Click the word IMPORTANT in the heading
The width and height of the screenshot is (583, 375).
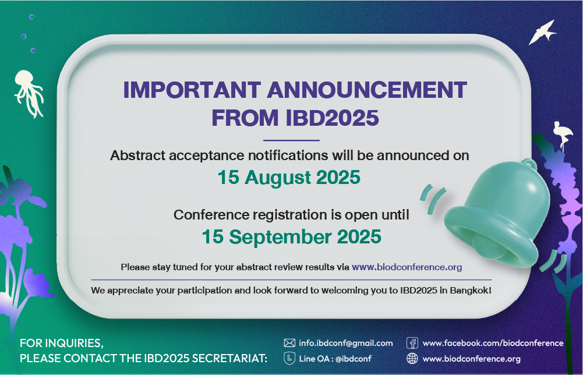[x=192, y=90]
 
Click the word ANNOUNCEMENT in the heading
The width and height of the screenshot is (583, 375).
[x=367, y=90]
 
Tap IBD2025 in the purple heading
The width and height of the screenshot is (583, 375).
[x=333, y=118]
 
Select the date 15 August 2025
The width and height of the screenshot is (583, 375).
[x=289, y=177]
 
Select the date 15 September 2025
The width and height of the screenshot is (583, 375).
[x=291, y=237]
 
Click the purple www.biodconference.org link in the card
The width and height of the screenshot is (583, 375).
[x=407, y=267]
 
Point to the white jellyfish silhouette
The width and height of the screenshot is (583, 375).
[x=29, y=93]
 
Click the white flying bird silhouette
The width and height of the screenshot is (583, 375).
[x=542, y=33]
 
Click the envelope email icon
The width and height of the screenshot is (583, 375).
[x=289, y=343]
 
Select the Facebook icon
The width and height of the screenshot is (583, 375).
[x=412, y=342]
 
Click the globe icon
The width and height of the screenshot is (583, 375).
[x=412, y=358]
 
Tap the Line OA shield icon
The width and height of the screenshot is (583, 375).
[x=289, y=358]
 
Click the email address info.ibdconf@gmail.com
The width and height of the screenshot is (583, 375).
[x=346, y=343]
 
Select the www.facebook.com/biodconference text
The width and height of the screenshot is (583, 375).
[x=493, y=343]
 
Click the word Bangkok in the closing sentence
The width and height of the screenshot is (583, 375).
[x=471, y=290]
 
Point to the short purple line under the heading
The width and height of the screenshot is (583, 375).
[x=291, y=140]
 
